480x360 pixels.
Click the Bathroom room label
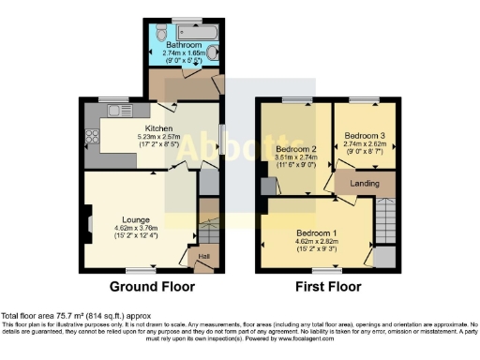(184, 44)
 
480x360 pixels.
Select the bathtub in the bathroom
(184, 30)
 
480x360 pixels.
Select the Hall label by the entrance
(202, 256)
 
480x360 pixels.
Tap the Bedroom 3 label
(364, 134)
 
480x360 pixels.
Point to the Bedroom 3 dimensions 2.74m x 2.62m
(364, 142)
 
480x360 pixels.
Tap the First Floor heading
(327, 286)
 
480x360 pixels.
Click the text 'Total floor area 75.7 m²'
(56, 317)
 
